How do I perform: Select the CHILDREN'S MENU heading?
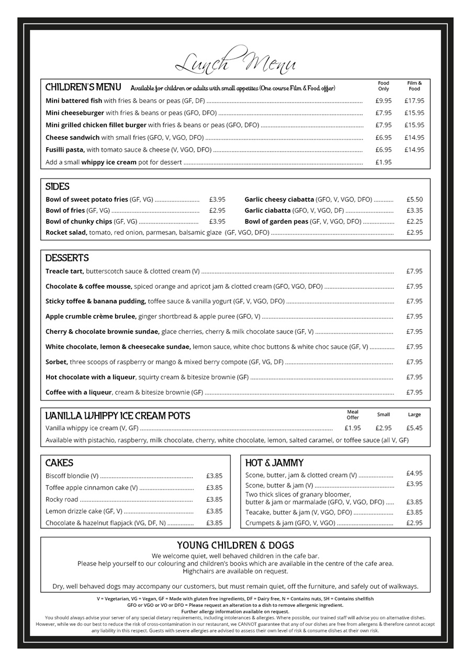83,87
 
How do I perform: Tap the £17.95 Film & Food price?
414,101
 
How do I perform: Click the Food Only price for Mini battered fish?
383,101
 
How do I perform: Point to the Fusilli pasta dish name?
65,150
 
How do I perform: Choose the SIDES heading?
57,187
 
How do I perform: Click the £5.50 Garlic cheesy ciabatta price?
414,199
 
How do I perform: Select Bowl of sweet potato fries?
87,199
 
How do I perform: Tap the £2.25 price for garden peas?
414,221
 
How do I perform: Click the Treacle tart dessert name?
64,271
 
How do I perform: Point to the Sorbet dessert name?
57,362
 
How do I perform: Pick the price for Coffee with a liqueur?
414,392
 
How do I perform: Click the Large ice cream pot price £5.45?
414,428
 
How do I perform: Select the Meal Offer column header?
353,415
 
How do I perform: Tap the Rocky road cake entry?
62,499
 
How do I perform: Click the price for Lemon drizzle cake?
214,511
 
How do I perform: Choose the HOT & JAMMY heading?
274,463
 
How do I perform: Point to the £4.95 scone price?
414,473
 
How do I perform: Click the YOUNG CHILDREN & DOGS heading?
235,545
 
